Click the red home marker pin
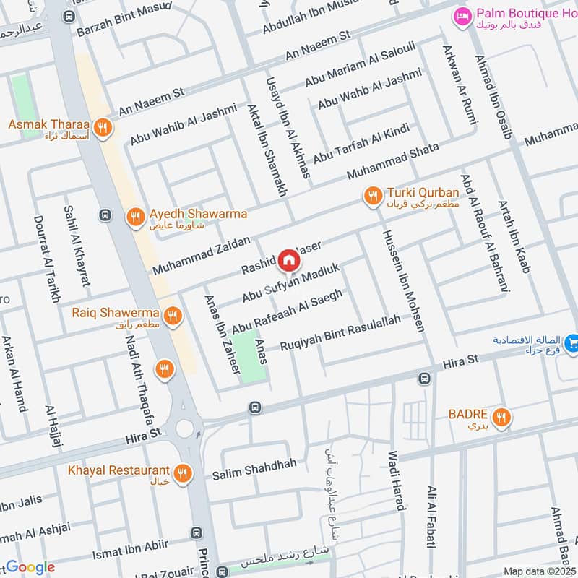[x=288, y=259]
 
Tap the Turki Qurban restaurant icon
[x=374, y=196]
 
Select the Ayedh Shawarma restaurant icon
[x=135, y=217]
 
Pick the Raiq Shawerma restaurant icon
[x=172, y=315]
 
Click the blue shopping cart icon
[x=571, y=342]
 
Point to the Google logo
[x=30, y=568]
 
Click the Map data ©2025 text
[x=538, y=571]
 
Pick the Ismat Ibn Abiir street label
[x=131, y=550]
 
